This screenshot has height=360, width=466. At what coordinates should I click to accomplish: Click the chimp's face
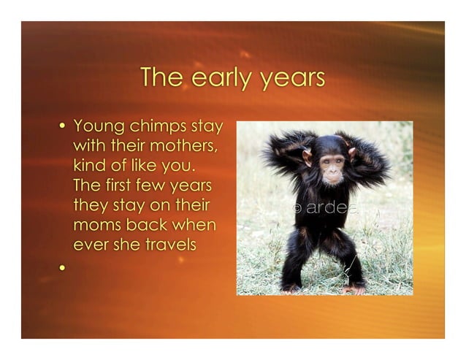pyautogui.click(x=332, y=166)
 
